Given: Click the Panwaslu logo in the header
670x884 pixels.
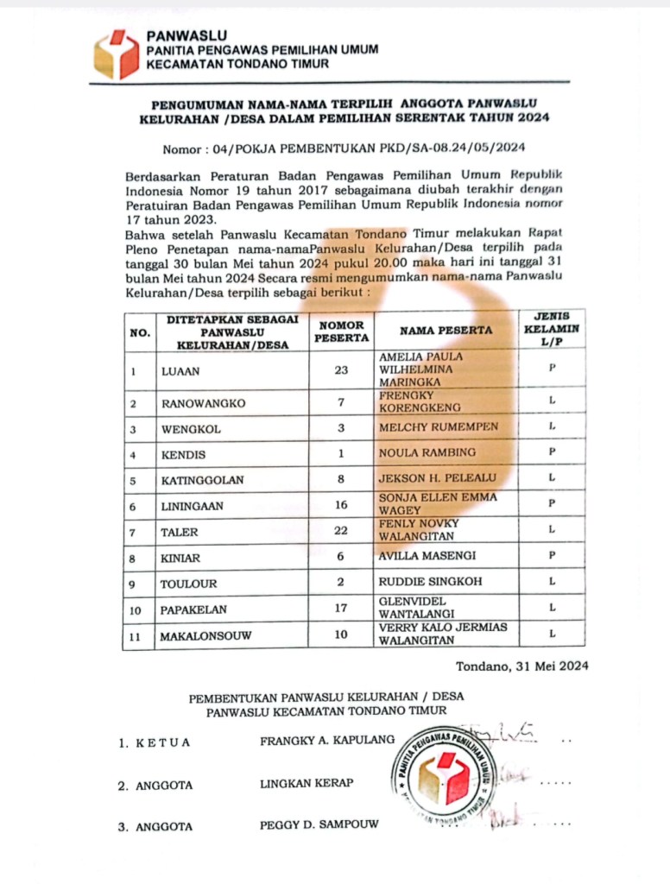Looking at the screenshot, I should [x=117, y=54].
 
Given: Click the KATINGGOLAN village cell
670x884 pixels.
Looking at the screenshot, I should [x=202, y=480].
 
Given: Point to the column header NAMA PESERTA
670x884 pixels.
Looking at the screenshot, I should [x=446, y=330].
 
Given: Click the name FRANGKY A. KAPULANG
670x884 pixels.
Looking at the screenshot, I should [x=326, y=740].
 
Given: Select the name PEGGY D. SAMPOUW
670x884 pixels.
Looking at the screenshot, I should [x=319, y=824].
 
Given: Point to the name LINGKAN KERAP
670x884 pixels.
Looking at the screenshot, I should [x=307, y=783].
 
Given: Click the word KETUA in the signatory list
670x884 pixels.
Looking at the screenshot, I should [x=162, y=742].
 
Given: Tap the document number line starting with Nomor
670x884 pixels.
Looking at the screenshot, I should [x=344, y=148].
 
